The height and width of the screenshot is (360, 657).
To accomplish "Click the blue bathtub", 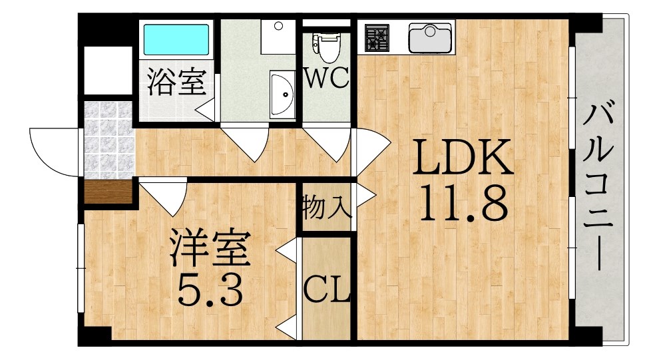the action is pyautogui.click(x=176, y=39).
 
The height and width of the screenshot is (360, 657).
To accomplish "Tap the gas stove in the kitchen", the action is pyautogui.click(x=377, y=38).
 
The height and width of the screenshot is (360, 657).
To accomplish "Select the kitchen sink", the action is pyautogui.click(x=430, y=38).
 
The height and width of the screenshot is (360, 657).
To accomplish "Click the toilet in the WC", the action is pyautogui.click(x=326, y=47).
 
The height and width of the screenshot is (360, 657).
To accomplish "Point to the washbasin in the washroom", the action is pyautogui.click(x=283, y=94).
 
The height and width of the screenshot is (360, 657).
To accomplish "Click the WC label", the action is pyautogui.click(x=326, y=78).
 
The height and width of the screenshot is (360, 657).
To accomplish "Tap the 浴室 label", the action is pyautogui.click(x=177, y=82).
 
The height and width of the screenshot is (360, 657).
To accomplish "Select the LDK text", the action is pyautogui.click(x=463, y=157).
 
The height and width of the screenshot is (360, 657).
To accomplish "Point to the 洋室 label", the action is pyautogui.click(x=210, y=248).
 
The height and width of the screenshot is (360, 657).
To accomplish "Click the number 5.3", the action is pyautogui.click(x=210, y=289).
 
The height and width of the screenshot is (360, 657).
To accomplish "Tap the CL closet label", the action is pyautogui.click(x=326, y=289).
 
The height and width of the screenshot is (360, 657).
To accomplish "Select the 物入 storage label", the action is pyautogui.click(x=326, y=207).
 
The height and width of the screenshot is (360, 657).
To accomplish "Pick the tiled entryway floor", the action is pyautogui.click(x=109, y=140).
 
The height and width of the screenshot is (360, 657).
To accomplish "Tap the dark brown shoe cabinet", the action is pyautogui.click(x=109, y=192).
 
